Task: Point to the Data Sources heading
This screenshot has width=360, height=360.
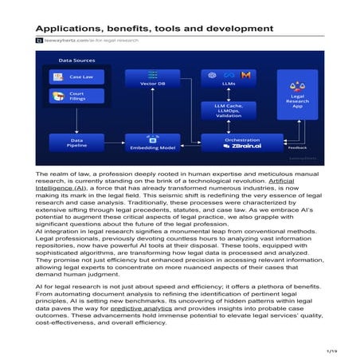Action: click(x=75, y=60)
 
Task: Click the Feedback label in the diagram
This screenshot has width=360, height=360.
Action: click(x=296, y=148)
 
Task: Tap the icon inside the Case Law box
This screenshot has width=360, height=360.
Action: click(x=58, y=76)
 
